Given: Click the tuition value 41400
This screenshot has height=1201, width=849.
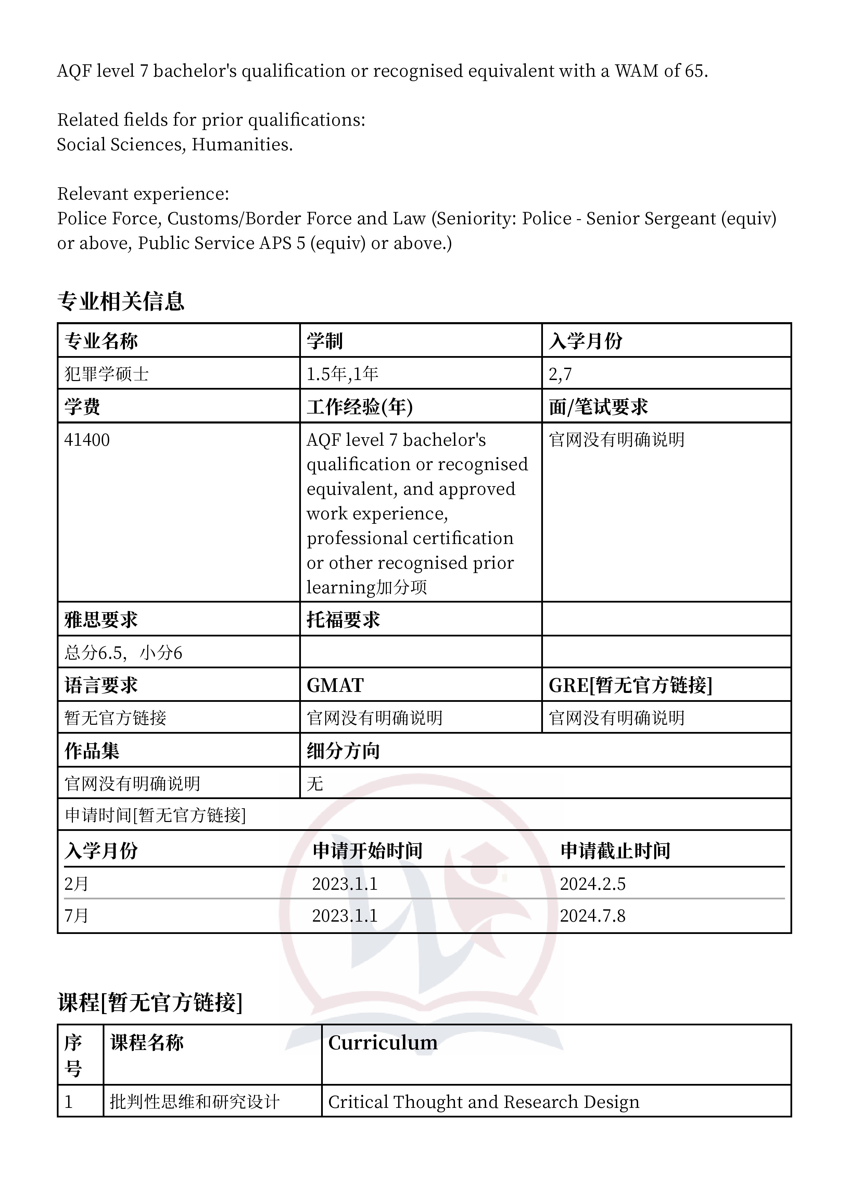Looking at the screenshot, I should pyautogui.click(x=87, y=440).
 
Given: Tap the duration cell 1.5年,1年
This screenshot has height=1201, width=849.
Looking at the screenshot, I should pyautogui.click(x=342, y=374).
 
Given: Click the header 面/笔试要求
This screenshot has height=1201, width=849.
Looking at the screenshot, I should pyautogui.click(x=598, y=407).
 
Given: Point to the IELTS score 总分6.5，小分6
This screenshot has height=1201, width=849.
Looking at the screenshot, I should pyautogui.click(x=123, y=653).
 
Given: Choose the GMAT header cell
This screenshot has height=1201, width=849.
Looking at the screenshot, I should pyautogui.click(x=335, y=685).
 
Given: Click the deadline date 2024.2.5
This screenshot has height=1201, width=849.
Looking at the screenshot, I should pyautogui.click(x=592, y=884).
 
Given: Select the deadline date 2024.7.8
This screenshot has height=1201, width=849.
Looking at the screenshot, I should pyautogui.click(x=592, y=915).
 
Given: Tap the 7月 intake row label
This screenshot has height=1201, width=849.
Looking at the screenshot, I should pyautogui.click(x=76, y=915).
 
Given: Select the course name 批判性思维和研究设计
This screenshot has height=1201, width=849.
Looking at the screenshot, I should pyautogui.click(x=194, y=1102).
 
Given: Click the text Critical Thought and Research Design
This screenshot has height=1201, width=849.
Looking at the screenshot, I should pyautogui.click(x=483, y=1102).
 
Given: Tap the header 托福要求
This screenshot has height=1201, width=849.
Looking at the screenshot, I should pyautogui.click(x=343, y=620).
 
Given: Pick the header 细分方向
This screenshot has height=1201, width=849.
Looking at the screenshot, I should pyautogui.click(x=343, y=751).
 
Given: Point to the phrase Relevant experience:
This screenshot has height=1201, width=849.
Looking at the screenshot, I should pyautogui.click(x=143, y=193).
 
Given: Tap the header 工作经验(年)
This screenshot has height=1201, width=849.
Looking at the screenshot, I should pyautogui.click(x=359, y=407).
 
